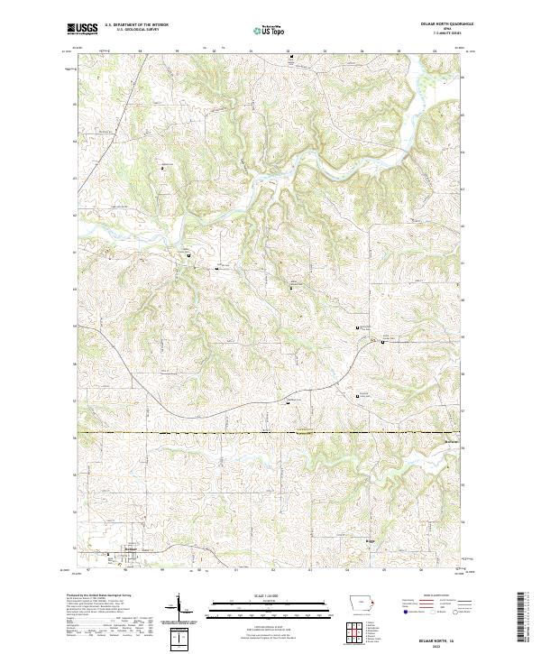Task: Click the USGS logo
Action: click(x=82, y=29)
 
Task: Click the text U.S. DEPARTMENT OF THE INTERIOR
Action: click(x=136, y=25)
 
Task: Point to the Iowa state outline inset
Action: click(x=362, y=604)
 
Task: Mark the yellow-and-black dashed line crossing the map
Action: click(x=270, y=433)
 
